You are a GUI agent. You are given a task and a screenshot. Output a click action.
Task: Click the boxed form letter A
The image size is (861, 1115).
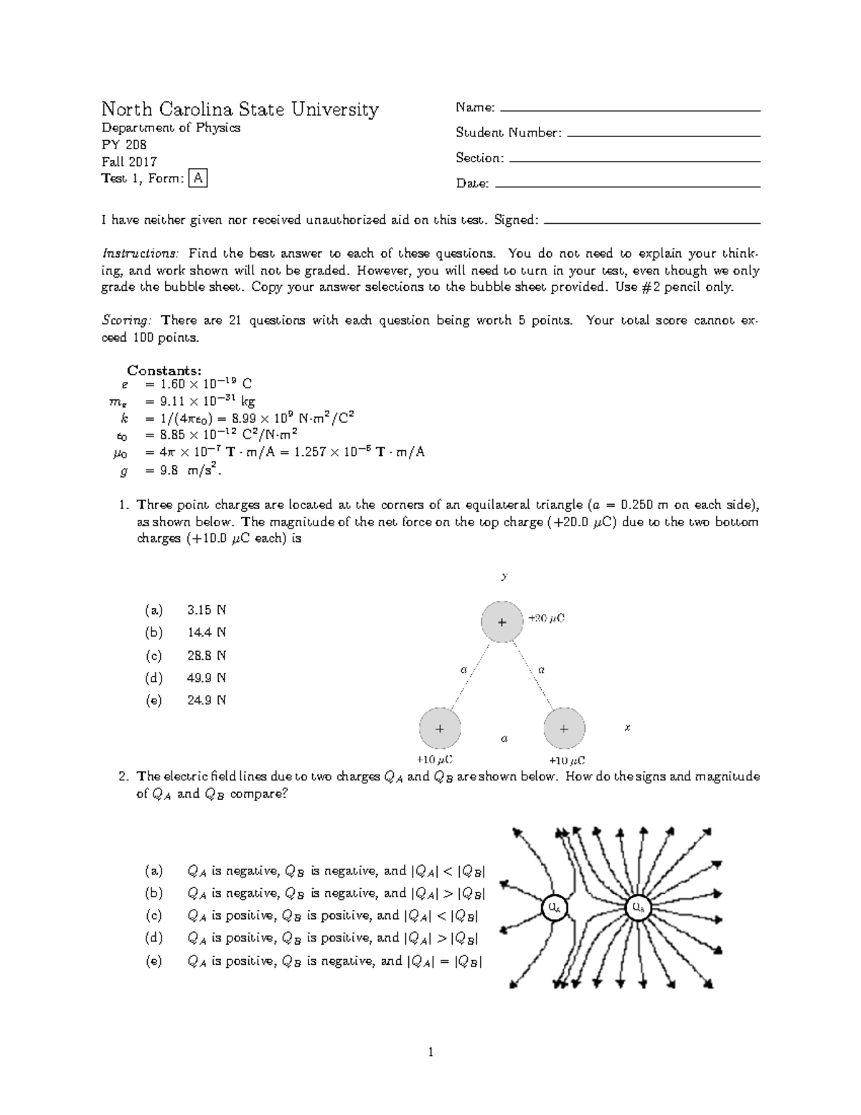197,179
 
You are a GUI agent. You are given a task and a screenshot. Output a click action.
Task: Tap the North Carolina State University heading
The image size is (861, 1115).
240,109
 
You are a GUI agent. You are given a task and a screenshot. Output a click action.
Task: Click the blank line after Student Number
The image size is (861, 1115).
663,134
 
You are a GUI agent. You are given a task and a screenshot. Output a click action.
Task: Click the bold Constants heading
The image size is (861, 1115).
164,370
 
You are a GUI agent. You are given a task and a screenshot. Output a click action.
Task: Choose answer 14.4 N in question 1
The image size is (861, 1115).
207,633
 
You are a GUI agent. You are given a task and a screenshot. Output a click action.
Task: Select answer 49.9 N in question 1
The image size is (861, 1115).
207,678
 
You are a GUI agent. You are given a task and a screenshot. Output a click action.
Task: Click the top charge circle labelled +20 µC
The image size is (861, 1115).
502,622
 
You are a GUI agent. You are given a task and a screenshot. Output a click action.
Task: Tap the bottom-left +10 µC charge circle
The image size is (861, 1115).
440,728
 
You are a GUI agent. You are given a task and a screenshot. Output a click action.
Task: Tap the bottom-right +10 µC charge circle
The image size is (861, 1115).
564,728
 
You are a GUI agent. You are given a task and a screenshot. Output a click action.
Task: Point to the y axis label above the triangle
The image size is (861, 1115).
504,576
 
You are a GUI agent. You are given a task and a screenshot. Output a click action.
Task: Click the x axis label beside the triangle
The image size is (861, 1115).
627,727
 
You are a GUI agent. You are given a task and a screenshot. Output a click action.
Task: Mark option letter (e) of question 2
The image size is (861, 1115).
154,961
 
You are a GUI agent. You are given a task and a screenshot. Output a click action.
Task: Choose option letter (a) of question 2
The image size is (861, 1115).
154,871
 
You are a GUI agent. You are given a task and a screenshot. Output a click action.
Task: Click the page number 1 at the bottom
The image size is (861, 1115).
430,1053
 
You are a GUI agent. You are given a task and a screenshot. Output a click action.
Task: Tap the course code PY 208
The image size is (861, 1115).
124,145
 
